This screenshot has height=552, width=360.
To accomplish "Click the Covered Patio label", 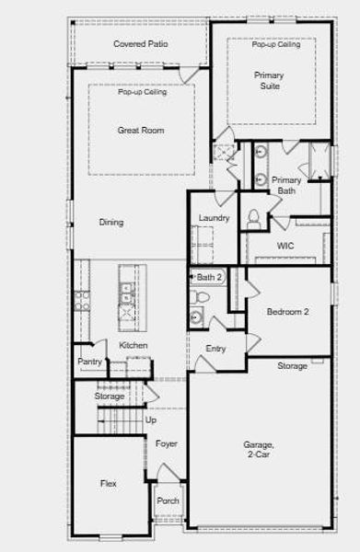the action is [141, 44].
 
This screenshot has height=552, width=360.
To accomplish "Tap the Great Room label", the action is [141, 131].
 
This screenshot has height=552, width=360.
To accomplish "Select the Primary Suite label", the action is [270, 81].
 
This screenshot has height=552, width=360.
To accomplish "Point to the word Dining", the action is [111, 223].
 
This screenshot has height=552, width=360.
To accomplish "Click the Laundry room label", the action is [214, 218].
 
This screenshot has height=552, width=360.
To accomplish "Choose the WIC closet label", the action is [285, 246].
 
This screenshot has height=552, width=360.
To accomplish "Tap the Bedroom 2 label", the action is [288, 312].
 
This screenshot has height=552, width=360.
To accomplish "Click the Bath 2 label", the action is [209, 278].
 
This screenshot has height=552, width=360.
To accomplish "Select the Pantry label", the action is [89, 362].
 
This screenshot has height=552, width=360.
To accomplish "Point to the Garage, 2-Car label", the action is [259, 450].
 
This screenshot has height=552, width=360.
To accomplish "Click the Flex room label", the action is [108, 483].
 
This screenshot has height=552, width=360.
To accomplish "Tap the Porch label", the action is [168, 500].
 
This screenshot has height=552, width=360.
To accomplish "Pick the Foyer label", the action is [167, 443].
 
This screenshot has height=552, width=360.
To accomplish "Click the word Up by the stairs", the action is [151, 420].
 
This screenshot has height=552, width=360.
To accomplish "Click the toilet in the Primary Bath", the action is [253, 219].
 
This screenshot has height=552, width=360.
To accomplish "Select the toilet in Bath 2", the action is [200, 297].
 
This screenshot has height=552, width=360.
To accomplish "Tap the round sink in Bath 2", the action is [196, 317].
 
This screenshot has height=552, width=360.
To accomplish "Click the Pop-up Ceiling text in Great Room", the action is [143, 92].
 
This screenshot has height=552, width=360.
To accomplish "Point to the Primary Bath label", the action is [286, 186].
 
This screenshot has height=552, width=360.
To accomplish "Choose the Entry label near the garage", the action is [215, 349].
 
